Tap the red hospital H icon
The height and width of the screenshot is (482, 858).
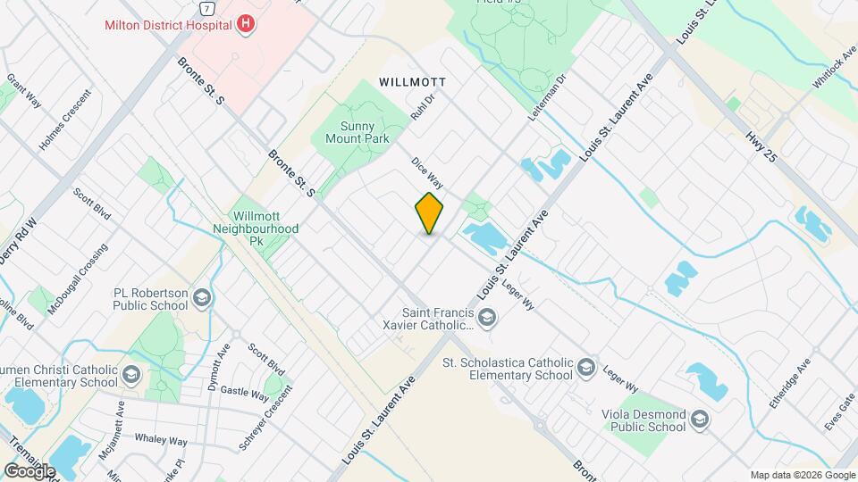click(245, 24)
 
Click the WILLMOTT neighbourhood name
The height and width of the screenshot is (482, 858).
click(412, 81)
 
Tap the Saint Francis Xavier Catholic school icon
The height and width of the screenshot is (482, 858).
click(487, 316)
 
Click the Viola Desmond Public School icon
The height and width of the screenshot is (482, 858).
click(700, 420)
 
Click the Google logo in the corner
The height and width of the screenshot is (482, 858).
click(30, 470)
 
